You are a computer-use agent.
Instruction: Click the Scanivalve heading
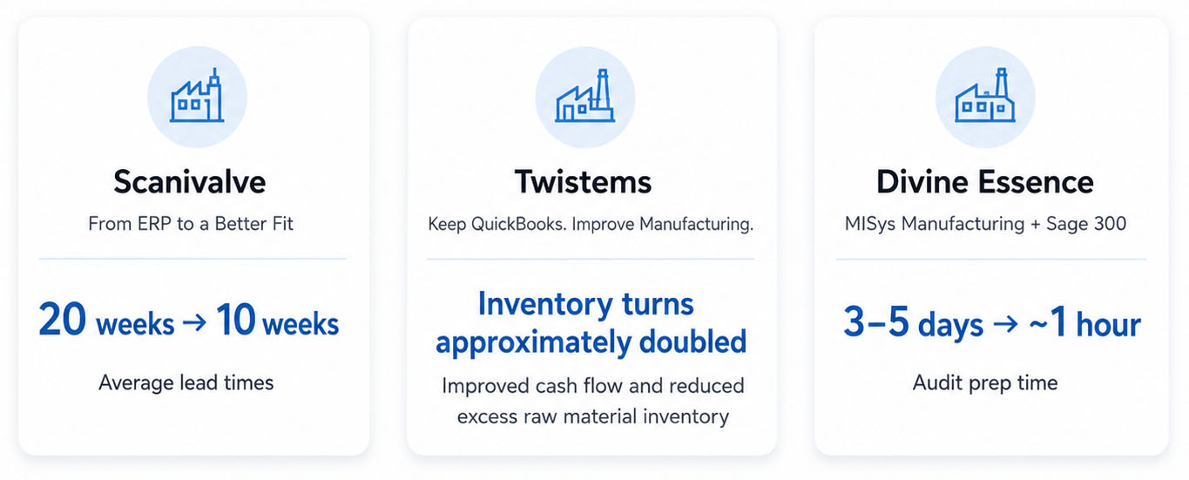190,181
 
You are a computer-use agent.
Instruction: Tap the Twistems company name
583,181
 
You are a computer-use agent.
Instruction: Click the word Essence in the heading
1037,181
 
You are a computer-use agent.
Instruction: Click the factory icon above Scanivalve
197,96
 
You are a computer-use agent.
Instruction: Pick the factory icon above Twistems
585,96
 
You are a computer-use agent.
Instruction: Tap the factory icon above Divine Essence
985,96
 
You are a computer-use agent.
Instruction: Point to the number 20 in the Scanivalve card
63,319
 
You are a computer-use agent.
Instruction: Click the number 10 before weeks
236,319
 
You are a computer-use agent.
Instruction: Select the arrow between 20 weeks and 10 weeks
194,322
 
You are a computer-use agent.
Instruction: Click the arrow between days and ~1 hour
1005,323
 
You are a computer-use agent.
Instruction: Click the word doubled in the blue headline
692,341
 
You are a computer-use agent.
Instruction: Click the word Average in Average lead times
136,382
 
